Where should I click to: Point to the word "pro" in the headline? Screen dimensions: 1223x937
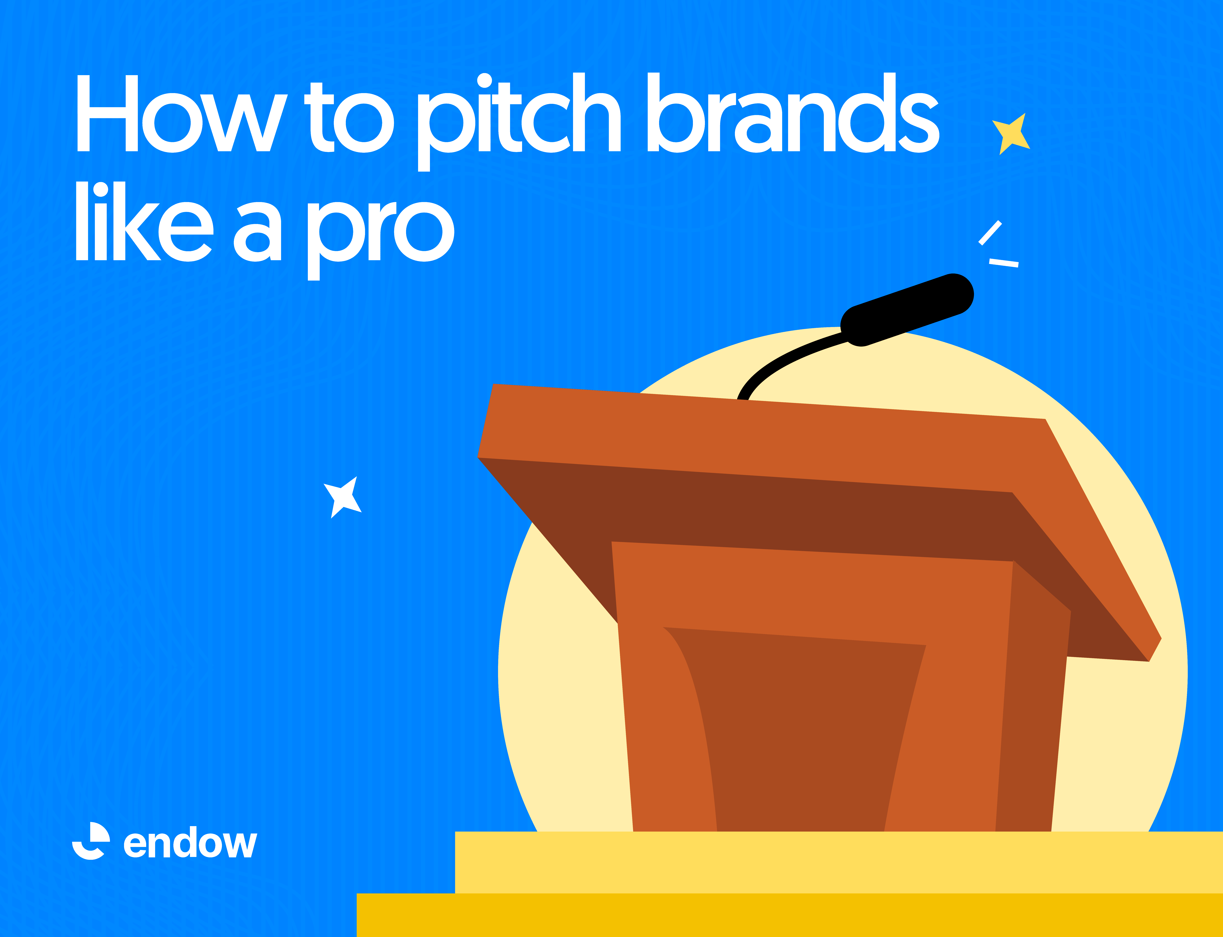coord(381,241)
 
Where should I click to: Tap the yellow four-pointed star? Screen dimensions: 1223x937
coord(1011,134)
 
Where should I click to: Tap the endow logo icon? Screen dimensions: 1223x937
coord(91,841)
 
